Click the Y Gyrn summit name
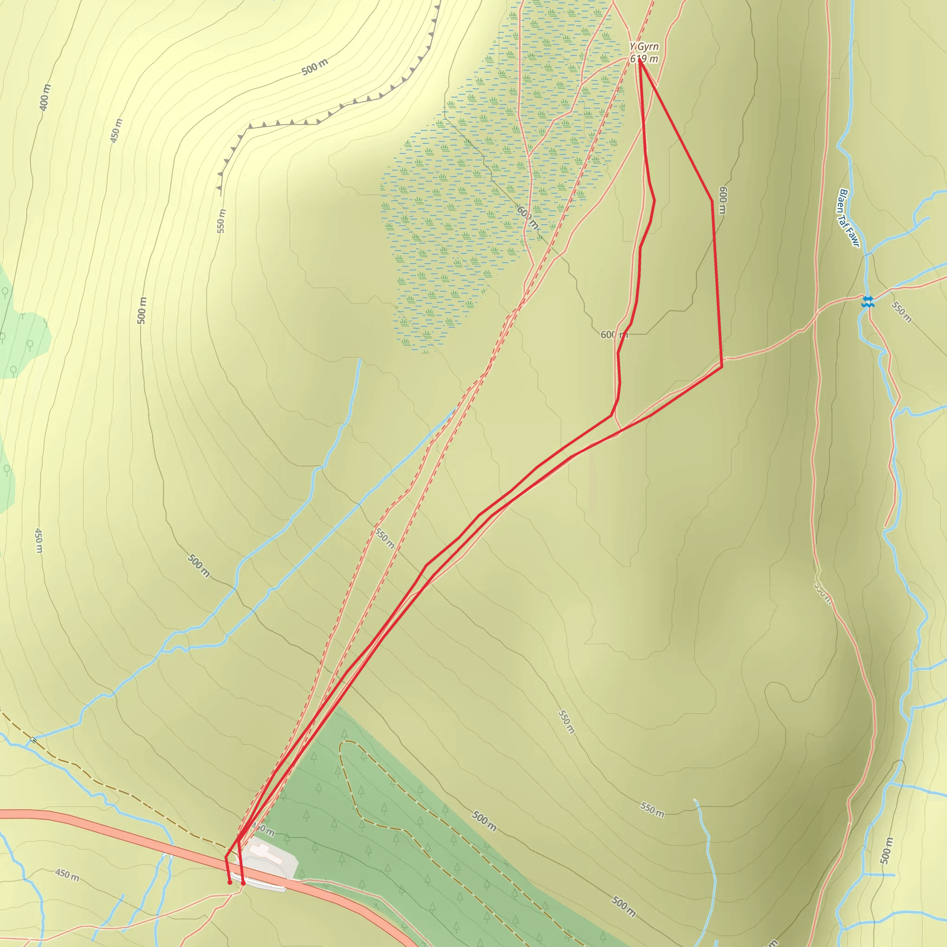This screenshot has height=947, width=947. point(644,47)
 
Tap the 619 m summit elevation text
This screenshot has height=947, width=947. point(644,59)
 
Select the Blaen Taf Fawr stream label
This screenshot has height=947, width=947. point(849,218)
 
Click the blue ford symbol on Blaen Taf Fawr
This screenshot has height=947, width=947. point(867,301)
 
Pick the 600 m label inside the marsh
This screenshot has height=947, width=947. point(528,218)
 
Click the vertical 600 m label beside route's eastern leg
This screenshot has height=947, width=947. point(723,200)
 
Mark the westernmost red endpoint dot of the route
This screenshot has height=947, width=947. point(230,882)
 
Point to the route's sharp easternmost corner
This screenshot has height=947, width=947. point(721,366)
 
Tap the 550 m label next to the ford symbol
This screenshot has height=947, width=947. point(901,312)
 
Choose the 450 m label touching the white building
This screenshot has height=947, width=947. point(263,829)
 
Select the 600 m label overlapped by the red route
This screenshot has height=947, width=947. point(614,335)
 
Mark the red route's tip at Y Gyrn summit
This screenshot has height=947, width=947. point(639,61)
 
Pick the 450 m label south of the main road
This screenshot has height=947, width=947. point(67,875)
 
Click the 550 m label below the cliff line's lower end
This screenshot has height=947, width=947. point(221,221)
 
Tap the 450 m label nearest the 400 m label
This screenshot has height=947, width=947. point(116,131)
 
